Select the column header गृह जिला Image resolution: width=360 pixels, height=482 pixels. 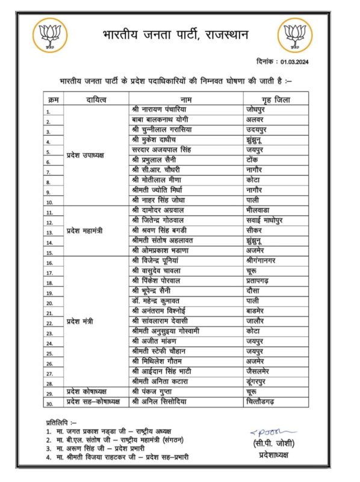(275, 99)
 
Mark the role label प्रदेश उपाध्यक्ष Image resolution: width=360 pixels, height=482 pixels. (85, 155)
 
